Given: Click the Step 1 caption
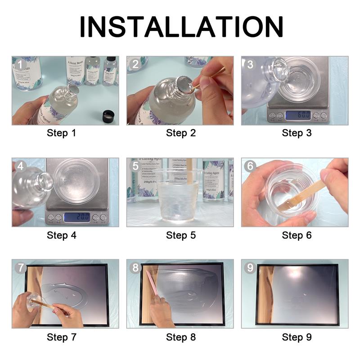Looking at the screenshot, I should [64, 133].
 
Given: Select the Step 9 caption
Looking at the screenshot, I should [297, 337].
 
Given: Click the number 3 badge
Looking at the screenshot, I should [249, 64].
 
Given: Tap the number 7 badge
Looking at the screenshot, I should [20, 267].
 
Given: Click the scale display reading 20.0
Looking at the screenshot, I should [76, 217].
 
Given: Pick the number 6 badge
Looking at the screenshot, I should [249, 166].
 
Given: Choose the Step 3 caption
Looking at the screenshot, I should [297, 133].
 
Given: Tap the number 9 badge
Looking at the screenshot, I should [249, 267].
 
